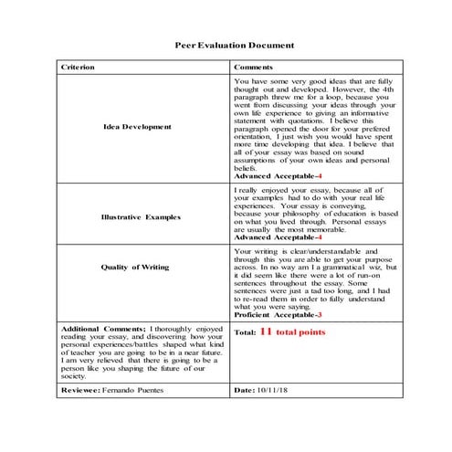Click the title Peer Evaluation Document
click(235, 44)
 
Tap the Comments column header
click(253, 68)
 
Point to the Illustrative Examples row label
click(141, 217)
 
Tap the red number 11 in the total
click(267, 332)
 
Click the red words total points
click(301, 332)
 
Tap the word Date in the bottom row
click(244, 389)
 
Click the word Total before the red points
click(245, 332)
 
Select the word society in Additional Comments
click(75, 374)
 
